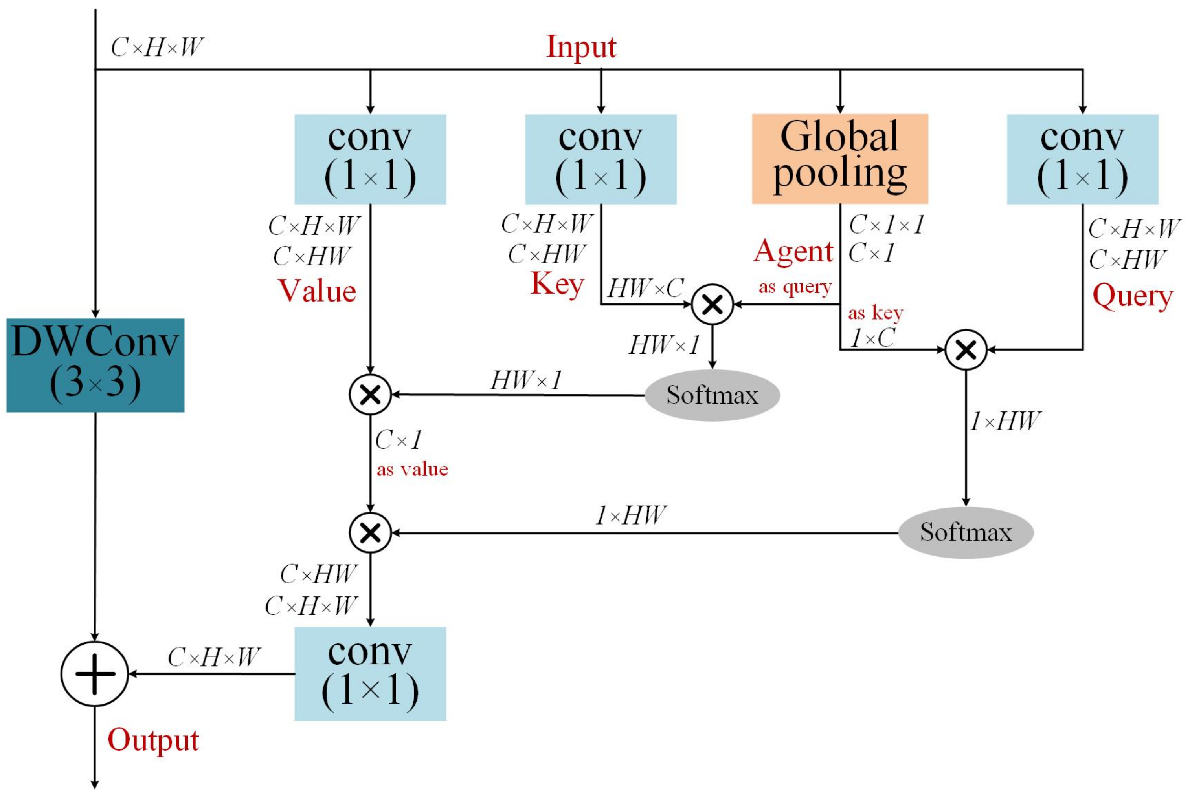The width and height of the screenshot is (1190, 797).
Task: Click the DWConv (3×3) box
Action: tap(95, 365)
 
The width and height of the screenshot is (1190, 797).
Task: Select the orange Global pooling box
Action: tap(839, 159)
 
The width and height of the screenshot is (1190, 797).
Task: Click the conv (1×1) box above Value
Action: tap(370, 159)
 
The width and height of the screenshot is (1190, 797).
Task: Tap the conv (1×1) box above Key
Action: tap(601, 159)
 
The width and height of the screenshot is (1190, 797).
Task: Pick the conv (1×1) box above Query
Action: tap(1082, 159)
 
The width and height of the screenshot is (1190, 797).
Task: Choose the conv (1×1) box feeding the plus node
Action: tap(370, 673)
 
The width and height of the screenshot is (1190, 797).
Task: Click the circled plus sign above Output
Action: tap(95, 673)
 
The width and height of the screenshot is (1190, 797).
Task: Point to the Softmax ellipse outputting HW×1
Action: tap(712, 395)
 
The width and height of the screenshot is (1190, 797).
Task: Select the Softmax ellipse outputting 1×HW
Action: tap(965, 532)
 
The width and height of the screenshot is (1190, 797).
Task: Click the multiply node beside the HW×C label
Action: tap(712, 304)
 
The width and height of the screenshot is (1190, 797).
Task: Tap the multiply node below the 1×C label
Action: tap(966, 350)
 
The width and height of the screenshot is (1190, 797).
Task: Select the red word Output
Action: tap(153, 740)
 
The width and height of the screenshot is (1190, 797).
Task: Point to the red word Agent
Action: tap(793, 252)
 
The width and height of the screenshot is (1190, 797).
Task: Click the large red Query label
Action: tap(1133, 296)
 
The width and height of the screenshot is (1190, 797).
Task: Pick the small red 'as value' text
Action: tap(412, 469)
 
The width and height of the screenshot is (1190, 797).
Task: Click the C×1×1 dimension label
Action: tap(886, 224)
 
